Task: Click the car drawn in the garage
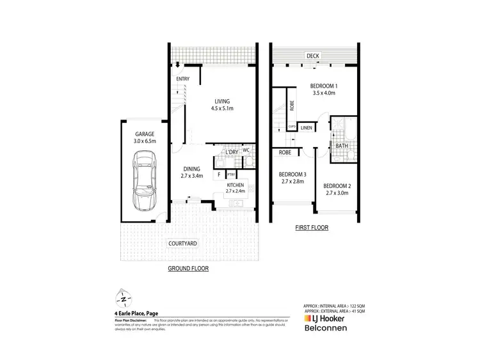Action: (144, 181)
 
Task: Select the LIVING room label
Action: (222, 101)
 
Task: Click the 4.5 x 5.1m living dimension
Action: (222, 109)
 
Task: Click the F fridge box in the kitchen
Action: (219, 174)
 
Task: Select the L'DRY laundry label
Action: (228, 152)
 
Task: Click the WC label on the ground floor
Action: (246, 151)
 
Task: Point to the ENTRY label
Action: (183, 79)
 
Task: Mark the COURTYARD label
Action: (182, 244)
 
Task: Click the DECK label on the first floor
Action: (312, 56)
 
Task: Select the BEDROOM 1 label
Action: (324, 86)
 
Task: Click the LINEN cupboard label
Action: (307, 128)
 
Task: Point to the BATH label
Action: (341, 146)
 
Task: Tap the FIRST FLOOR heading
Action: (312, 227)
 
